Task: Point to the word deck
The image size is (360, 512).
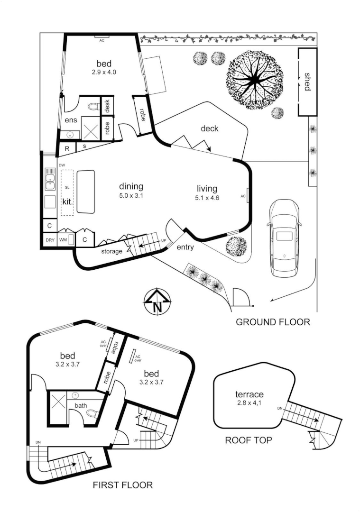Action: (209, 128)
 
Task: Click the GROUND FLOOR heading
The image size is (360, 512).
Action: (273, 322)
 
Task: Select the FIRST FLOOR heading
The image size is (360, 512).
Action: (123, 485)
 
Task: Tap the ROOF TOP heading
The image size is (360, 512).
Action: (249, 440)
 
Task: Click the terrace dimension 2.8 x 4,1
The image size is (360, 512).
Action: (249, 403)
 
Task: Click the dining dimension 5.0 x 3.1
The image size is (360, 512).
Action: (131, 195)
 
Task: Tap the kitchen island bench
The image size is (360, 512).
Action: (85, 192)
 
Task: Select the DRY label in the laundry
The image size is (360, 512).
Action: (49, 240)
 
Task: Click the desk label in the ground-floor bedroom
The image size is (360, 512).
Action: (107, 106)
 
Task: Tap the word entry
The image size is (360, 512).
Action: (185, 247)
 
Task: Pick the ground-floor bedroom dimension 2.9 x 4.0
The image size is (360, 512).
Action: (104, 73)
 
